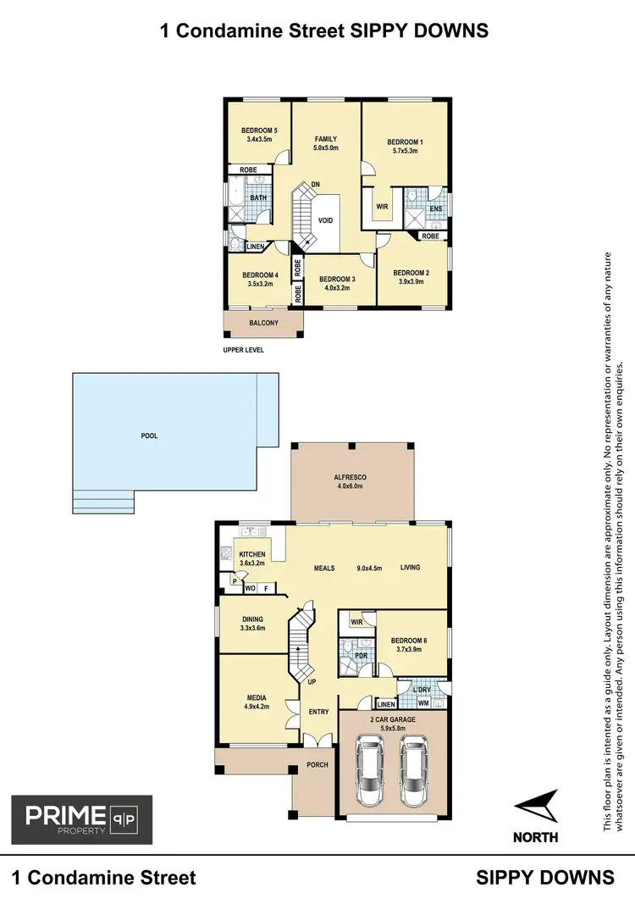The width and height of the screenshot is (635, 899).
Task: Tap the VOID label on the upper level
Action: (325, 220)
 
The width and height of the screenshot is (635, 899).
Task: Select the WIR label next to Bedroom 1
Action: (381, 206)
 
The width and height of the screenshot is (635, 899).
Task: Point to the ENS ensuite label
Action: (435, 208)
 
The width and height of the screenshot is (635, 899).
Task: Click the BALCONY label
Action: (263, 324)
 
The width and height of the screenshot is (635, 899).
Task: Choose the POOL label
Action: (149, 436)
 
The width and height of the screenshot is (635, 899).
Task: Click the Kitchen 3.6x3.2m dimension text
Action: (251, 562)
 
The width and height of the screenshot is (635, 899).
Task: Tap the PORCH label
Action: (317, 765)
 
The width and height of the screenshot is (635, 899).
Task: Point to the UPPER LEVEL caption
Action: (244, 349)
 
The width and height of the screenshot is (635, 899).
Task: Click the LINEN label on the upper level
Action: (257, 247)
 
